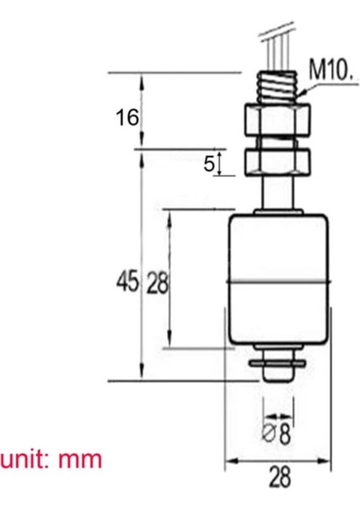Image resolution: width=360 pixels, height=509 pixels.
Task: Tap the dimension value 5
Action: [210, 164]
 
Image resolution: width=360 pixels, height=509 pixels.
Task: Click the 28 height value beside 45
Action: [157, 281]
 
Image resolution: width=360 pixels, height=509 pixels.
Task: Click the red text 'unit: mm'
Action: [51, 460]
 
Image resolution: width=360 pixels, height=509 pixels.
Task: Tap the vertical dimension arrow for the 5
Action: [220, 164]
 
